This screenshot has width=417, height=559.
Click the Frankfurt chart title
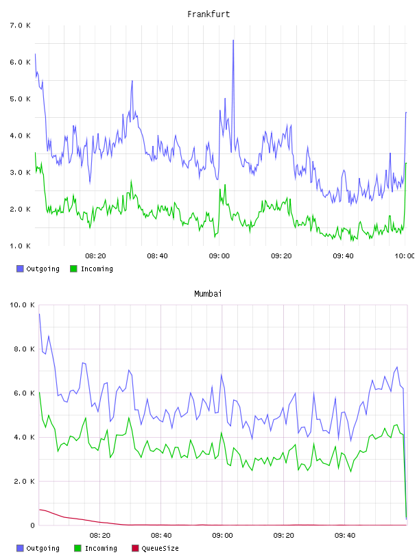(208, 14)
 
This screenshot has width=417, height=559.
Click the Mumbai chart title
(208, 294)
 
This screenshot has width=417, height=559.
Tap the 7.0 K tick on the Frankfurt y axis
(20, 25)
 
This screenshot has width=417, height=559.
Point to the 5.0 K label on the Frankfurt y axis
(20, 99)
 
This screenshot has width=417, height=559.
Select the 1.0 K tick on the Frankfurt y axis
(20, 246)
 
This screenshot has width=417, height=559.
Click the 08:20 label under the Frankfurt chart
(95, 256)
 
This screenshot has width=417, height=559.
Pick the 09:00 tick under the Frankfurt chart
(219, 256)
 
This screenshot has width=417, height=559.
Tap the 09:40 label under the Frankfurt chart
(343, 256)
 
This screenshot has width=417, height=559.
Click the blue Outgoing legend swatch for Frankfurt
(20, 269)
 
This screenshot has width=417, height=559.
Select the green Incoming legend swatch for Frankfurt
(73, 269)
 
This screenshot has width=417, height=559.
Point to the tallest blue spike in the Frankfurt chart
(233, 40)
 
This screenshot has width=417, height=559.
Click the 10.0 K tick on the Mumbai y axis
(22, 305)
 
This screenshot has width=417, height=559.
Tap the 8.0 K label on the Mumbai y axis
(24, 349)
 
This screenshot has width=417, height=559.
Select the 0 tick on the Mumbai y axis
(32, 525)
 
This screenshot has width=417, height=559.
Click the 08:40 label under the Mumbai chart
(161, 535)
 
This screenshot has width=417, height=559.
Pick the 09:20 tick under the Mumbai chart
(283, 535)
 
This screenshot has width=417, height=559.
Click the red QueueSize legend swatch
(135, 548)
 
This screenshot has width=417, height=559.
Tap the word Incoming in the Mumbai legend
(101, 548)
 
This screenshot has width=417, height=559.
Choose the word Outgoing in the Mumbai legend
(43, 548)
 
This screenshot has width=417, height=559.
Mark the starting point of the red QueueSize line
(39, 510)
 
